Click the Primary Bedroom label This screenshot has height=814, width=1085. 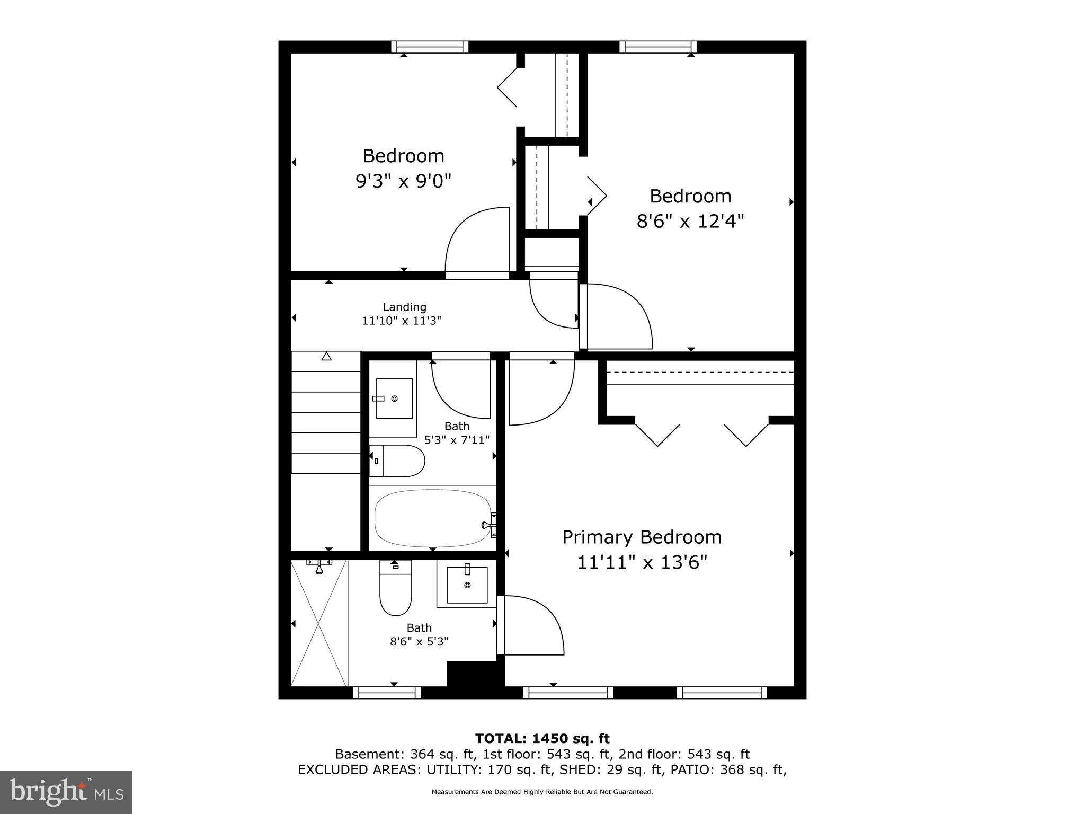tap(642, 537)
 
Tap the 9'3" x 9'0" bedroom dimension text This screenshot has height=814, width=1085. tap(403, 181)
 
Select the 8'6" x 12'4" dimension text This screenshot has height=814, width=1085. tap(690, 221)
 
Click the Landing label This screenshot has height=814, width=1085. tap(404, 307)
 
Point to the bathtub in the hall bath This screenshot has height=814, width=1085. tap(433, 518)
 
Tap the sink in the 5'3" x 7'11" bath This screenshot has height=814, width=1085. tap(394, 399)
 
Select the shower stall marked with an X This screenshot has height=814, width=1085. tap(318, 623)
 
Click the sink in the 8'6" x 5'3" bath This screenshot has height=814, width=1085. tap(467, 585)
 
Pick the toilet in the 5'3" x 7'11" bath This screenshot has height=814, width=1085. tap(400, 461)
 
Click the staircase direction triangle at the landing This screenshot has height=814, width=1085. tap(326, 357)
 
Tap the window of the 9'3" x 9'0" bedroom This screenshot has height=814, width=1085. tap(430, 47)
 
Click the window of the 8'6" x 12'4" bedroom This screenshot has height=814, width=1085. tap(657, 47)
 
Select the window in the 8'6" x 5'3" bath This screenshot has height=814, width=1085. tap(387, 693)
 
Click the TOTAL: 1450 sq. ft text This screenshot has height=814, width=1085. tap(542, 738)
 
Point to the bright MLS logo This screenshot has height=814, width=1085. tap(66, 792)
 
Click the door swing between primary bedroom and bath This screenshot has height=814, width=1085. tap(532, 625)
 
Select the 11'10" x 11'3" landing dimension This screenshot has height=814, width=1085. tap(401, 321)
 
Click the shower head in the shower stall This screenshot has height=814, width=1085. tap(319, 567)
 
